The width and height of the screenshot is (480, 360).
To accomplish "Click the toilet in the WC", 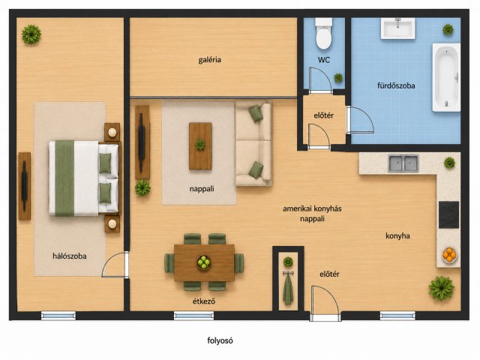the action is [323, 33].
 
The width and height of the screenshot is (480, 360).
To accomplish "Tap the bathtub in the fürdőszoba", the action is [446, 77].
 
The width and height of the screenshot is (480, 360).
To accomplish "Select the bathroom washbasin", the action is [398, 28].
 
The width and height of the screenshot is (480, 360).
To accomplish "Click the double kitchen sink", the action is [403, 163].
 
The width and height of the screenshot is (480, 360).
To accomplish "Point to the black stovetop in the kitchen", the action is [448, 214].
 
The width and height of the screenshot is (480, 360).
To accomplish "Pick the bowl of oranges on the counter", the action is [449, 255].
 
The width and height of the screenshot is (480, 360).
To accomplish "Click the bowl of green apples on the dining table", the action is [203, 262].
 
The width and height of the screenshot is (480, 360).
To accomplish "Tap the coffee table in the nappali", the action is [200, 145].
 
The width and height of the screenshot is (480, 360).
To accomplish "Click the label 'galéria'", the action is [210, 60].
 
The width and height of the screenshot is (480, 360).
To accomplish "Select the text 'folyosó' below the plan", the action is [220, 340].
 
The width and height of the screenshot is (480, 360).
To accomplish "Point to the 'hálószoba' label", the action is [70, 256].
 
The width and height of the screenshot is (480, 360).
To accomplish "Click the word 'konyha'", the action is [397, 236].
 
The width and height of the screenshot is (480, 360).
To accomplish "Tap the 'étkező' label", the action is [204, 301].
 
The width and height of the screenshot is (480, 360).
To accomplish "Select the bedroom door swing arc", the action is [108, 260].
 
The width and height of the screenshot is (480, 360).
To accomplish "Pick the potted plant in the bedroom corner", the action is [31, 34].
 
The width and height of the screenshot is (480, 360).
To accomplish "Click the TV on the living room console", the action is [141, 142].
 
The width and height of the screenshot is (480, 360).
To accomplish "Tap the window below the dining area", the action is [193, 316].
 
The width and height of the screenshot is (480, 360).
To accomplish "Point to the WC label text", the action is [324, 60].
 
